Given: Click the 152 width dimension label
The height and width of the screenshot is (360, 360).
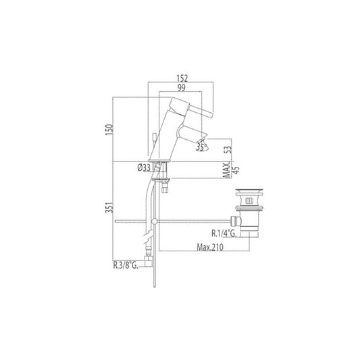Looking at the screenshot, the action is [x=182, y=78].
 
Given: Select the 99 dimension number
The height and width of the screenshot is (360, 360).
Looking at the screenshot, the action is [x=182, y=88].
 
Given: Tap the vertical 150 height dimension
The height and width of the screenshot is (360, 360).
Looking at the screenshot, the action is [x=109, y=130].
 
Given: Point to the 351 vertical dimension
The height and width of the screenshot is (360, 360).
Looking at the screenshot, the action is [x=109, y=207].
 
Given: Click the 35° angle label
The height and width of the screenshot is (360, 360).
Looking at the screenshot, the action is [x=201, y=147].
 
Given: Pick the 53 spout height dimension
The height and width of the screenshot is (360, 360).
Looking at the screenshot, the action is [x=228, y=150].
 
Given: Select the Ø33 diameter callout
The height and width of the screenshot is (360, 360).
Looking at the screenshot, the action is [x=144, y=168].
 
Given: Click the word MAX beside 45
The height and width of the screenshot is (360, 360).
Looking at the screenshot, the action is [x=227, y=170].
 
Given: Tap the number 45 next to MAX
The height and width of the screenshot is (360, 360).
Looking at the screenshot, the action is [x=236, y=170].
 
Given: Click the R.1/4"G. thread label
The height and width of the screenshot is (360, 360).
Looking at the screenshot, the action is [x=224, y=234].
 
